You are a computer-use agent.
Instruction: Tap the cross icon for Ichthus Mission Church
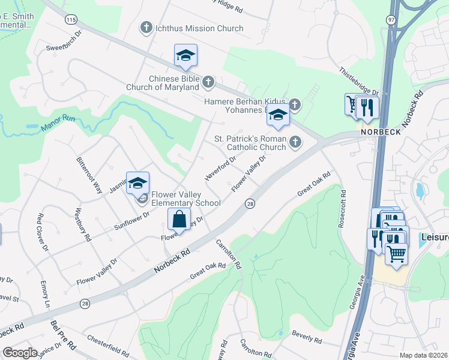click(145, 28)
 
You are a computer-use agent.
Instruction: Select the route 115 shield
click(71, 20)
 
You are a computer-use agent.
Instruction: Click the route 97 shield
click(391, 20)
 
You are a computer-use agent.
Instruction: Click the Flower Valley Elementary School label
click(185, 199)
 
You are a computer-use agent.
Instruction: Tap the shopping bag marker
click(179, 220)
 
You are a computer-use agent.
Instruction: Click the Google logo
click(20, 353)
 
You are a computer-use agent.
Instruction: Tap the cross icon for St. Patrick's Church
click(294, 142)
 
